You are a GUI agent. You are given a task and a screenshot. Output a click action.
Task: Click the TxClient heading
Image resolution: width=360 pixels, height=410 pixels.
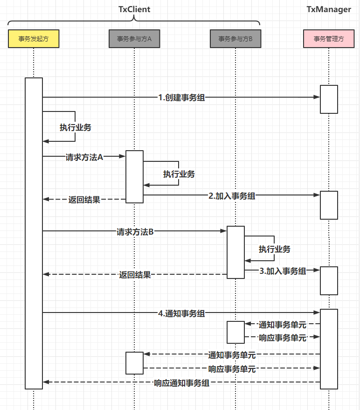[134, 9]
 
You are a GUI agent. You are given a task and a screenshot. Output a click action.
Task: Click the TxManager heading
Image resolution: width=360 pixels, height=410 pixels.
[328, 9]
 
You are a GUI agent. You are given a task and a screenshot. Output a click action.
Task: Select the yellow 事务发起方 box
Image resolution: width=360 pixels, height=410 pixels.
[34, 39]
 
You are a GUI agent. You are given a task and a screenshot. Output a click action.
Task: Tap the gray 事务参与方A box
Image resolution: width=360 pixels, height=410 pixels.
[134, 39]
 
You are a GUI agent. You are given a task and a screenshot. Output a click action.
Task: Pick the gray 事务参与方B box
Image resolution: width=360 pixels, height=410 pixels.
[235, 39]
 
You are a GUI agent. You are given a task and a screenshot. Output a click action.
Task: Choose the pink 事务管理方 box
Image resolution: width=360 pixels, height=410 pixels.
[329, 39]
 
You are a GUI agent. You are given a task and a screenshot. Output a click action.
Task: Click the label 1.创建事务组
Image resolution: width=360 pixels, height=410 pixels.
[181, 97]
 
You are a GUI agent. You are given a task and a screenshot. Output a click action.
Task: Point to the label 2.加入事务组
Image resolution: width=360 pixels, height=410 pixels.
[232, 196]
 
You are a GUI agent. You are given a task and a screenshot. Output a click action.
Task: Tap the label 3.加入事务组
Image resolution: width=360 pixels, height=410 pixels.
[283, 271]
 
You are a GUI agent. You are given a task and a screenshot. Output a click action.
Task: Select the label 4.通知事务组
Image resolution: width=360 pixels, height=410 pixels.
[181, 313]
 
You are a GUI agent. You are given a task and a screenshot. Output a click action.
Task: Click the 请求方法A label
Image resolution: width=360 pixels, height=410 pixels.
[84, 157]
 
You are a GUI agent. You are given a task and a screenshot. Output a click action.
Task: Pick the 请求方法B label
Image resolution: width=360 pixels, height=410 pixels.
[135, 231]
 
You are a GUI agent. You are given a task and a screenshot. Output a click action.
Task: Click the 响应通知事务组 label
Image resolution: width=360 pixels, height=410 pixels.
[181, 383]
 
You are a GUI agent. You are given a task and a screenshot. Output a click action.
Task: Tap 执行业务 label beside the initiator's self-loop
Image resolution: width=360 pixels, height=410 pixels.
[75, 127]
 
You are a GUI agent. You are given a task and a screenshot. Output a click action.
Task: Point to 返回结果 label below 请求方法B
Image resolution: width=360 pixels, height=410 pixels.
[135, 275]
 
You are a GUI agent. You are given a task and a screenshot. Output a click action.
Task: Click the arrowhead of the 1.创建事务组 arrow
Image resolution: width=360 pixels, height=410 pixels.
[317, 97]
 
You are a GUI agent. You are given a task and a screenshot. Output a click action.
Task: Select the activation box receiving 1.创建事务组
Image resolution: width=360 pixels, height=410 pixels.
[329, 99]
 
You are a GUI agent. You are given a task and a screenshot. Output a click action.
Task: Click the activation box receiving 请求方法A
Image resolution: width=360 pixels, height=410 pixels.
[134, 176]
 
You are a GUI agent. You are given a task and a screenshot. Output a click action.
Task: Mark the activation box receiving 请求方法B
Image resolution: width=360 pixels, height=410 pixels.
[235, 252]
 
